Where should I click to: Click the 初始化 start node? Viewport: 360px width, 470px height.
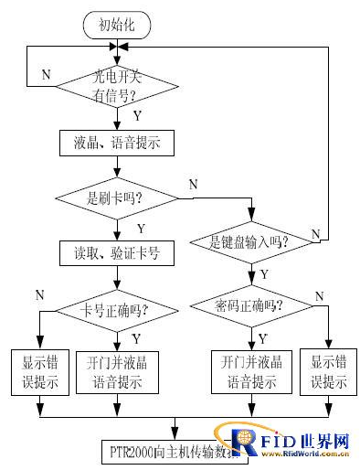[x=118, y=25]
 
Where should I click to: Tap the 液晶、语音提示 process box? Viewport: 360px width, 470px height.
[x=118, y=144]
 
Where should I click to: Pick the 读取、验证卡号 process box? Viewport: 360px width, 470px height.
[x=118, y=253]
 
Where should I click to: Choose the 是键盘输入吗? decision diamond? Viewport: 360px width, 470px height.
[x=249, y=241]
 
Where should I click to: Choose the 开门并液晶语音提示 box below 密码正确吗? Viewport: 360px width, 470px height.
[x=249, y=373]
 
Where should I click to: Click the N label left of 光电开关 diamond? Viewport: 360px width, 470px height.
[x=45, y=76]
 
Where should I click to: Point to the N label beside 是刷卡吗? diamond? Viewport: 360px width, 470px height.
[x=193, y=186]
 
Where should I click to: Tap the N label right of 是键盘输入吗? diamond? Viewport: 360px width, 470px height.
[x=315, y=234]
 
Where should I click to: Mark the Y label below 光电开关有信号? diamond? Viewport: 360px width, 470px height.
[x=137, y=117]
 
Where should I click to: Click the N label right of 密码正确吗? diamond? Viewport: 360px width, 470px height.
[x=318, y=294]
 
